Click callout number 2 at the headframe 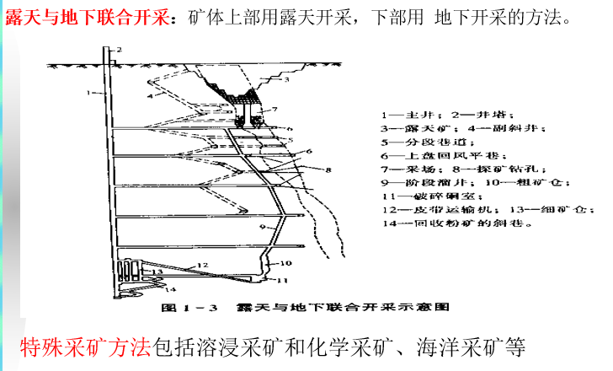click(119, 50)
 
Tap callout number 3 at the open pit click(286, 80)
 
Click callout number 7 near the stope click(273, 110)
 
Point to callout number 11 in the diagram click(284, 279)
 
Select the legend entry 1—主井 click(405, 114)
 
